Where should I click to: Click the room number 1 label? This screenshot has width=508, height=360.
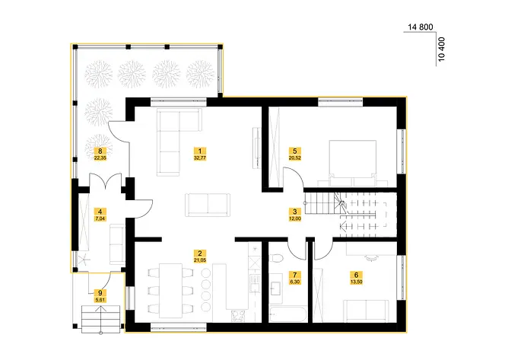click(x=200, y=151)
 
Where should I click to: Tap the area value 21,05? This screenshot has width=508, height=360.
click(x=200, y=260)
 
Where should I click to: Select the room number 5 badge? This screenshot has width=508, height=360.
click(x=294, y=151)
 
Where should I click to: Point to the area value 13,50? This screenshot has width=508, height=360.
click(x=356, y=282)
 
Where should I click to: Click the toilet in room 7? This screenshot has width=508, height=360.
click(x=276, y=257)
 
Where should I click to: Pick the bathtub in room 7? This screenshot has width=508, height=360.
click(x=287, y=314)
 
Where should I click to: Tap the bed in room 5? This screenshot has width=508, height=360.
click(x=353, y=163)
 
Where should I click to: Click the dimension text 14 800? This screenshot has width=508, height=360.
click(x=421, y=27)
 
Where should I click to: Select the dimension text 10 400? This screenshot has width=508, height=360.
click(x=441, y=49)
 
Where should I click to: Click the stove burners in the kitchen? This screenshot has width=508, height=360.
click(x=238, y=316)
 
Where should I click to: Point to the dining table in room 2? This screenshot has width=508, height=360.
click(x=170, y=291)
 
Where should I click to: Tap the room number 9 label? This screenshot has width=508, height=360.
click(x=100, y=293)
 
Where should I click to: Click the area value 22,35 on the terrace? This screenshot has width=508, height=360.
click(x=100, y=158)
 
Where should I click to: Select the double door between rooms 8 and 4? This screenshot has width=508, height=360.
click(x=105, y=181)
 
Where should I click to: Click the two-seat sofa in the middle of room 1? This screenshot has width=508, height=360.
click(x=208, y=205)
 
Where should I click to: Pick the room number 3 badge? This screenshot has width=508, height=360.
click(x=294, y=212)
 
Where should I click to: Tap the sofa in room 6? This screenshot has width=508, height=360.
click(x=366, y=311)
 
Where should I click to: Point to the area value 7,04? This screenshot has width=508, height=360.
click(x=100, y=219)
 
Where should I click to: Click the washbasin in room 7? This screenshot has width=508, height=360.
click(x=276, y=288)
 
